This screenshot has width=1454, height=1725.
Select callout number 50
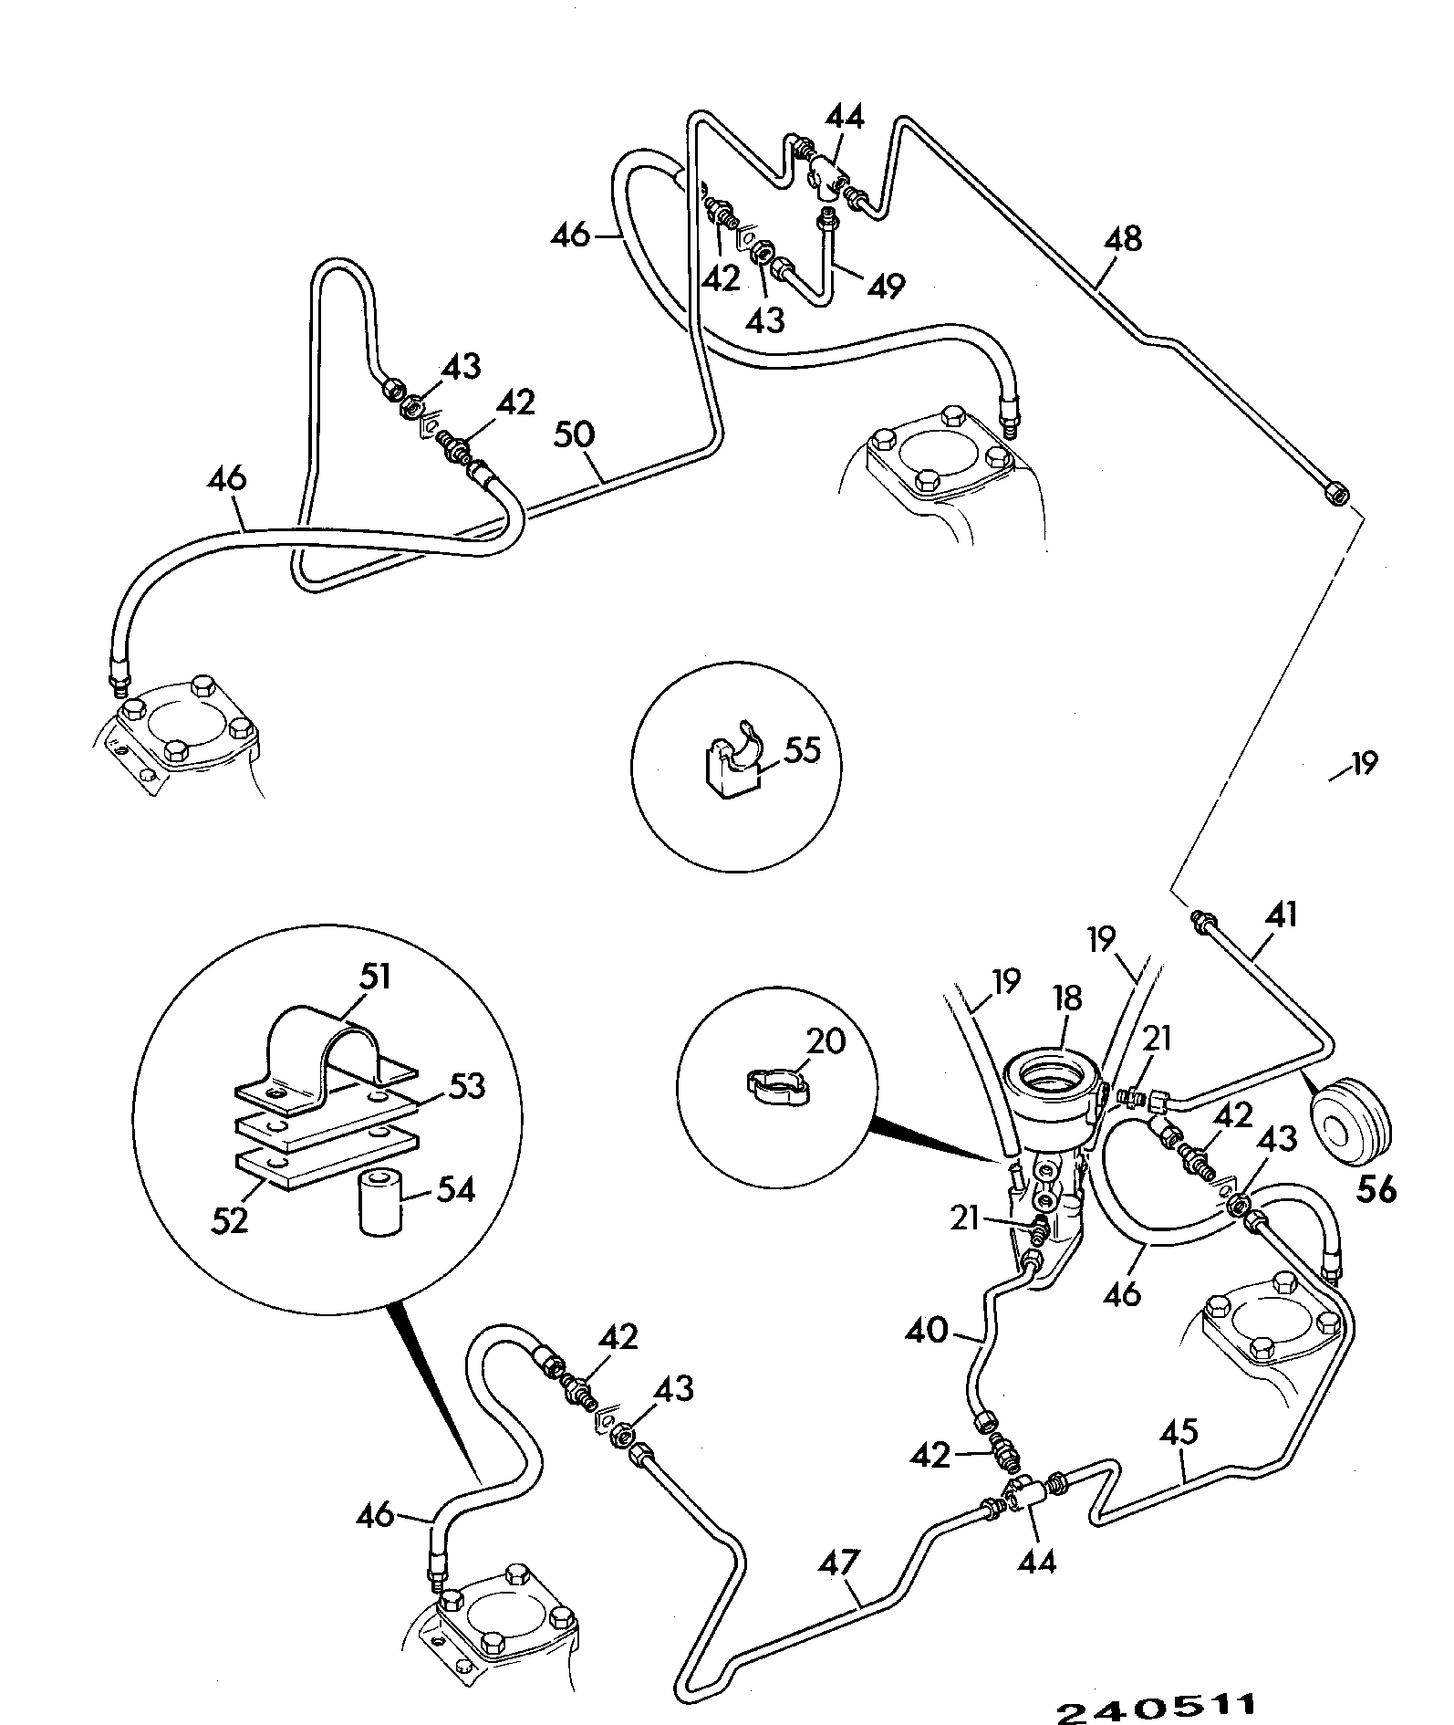(x=576, y=435)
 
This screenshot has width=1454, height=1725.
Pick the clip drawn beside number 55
(x=734, y=759)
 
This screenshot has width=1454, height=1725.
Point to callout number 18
(x=1065, y=998)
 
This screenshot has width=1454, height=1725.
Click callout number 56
(x=1376, y=1189)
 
